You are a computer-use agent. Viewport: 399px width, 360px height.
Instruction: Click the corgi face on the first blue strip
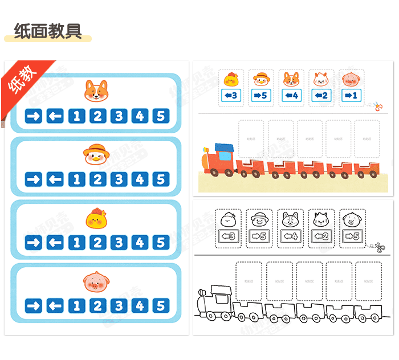click(x=95, y=91)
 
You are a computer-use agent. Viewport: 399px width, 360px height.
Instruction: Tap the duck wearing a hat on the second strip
click(x=95, y=154)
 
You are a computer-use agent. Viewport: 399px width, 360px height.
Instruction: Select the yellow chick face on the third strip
click(x=95, y=218)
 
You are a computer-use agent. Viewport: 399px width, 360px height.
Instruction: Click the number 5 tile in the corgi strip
click(x=161, y=116)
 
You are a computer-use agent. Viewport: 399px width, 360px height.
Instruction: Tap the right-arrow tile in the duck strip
click(x=34, y=179)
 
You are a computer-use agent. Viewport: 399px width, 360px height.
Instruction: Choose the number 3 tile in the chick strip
click(x=119, y=243)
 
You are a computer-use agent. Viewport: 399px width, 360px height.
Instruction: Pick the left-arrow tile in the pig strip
click(x=55, y=306)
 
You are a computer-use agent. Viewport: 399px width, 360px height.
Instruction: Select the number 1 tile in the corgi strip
click(x=76, y=116)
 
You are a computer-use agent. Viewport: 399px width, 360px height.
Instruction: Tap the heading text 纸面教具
click(x=48, y=30)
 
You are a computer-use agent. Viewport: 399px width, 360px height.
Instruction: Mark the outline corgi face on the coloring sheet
click(x=291, y=218)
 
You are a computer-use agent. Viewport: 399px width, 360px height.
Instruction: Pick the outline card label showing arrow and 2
click(x=320, y=235)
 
